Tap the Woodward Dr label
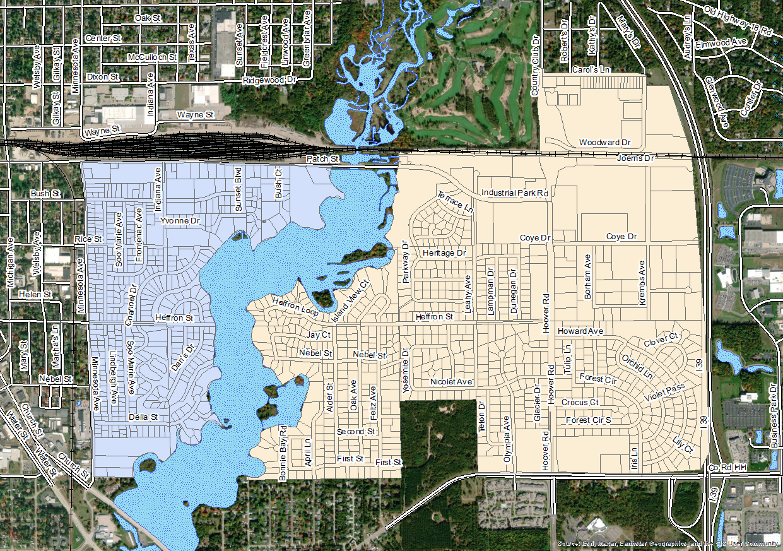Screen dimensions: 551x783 coord(605,143)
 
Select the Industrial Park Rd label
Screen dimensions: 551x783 coord(515,193)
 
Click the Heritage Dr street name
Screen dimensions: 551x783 coord(444,252)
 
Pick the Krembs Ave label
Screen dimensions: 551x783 coord(642,283)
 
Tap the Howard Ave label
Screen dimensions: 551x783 coord(580,331)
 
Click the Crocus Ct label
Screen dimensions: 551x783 coord(580,402)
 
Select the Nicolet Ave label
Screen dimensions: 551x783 coord(451,382)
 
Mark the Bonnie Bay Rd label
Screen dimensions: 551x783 coord(283,452)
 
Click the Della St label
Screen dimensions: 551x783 coord(143,417)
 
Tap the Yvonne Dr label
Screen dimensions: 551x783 coord(180,222)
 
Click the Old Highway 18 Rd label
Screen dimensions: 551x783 coord(738,20)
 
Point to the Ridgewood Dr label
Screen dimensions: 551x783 coord(269,81)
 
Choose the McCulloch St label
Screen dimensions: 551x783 coord(151,57)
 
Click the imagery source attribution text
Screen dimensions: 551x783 coord(668,543)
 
